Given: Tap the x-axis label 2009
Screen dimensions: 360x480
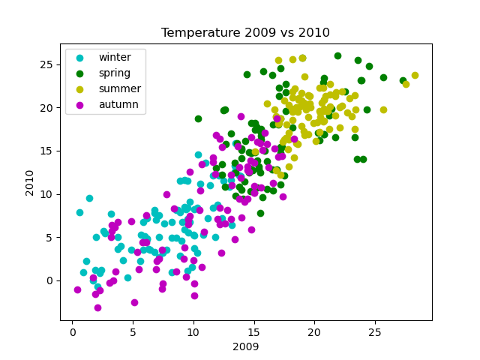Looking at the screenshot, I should coord(246,347).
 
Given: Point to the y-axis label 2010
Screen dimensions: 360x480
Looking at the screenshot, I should coord(31,182).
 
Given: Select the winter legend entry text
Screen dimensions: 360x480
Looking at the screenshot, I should coord(115,57).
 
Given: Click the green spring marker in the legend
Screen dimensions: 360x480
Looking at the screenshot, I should coord(80,73).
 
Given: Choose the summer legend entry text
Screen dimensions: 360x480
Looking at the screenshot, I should coord(120,88).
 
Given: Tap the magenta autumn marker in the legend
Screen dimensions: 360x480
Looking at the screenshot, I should coord(80,104).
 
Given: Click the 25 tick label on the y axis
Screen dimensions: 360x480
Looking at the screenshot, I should coord(47,64).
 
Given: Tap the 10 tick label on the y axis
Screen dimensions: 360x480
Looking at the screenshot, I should coord(47,193).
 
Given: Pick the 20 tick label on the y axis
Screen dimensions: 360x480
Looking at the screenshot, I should coord(47,107).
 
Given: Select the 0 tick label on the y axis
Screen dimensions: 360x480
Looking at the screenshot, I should coord(50,280).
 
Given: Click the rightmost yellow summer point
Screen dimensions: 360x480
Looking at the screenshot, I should coord(415,75).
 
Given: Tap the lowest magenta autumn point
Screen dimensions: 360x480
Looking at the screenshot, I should coord(97,307).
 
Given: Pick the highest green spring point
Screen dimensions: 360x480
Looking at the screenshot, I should coord(337,55).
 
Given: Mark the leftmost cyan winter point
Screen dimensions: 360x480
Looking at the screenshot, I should coord(79,212).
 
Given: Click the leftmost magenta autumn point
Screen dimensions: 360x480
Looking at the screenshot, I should coord(77,289).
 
